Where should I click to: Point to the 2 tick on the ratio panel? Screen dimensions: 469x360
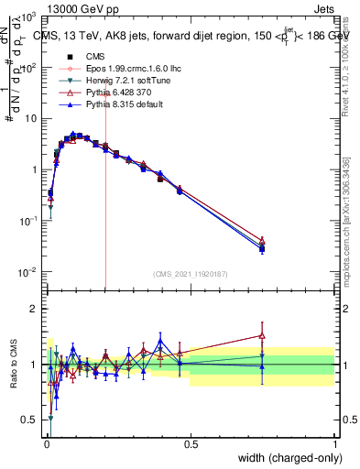pos(33,309)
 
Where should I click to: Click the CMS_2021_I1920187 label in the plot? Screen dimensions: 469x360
pos(190,274)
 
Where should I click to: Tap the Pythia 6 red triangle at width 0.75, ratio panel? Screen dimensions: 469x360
pos(262,335)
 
